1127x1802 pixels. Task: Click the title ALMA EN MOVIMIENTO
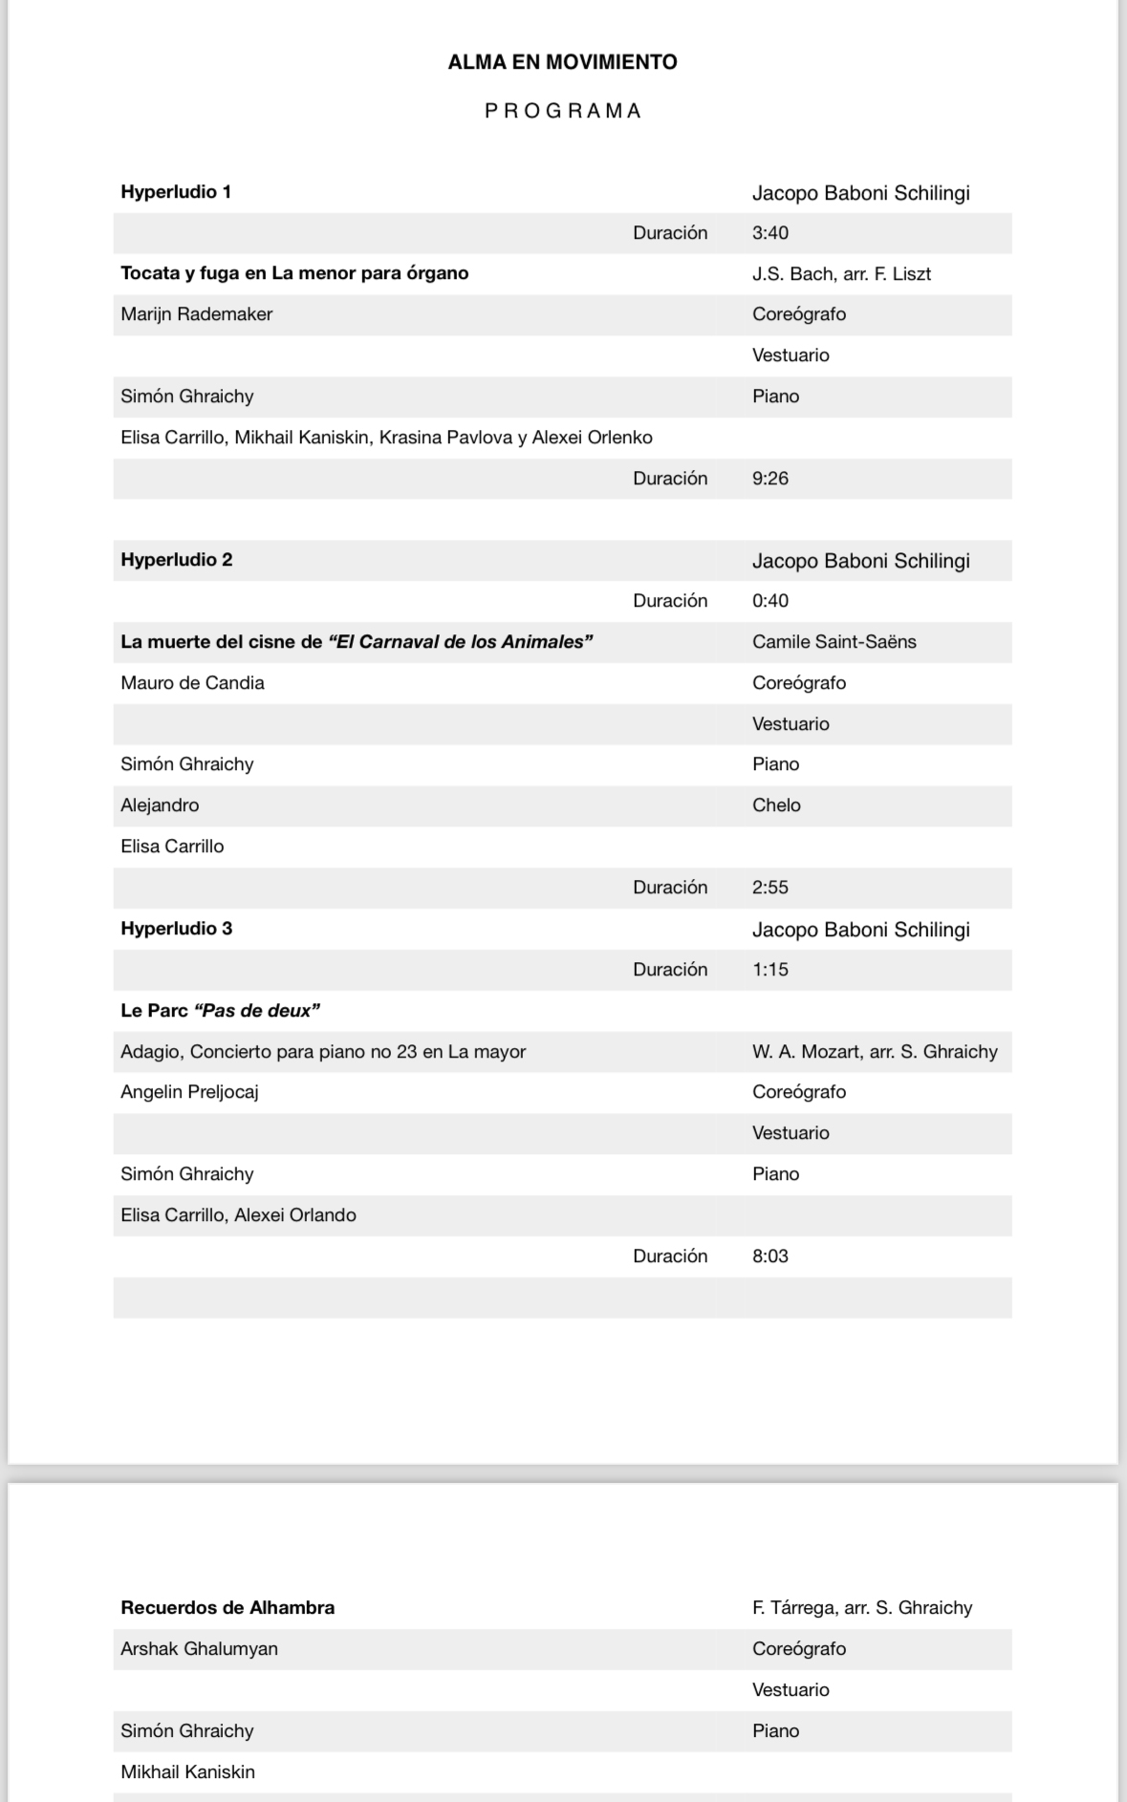tap(562, 62)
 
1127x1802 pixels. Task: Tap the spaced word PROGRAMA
tap(562, 111)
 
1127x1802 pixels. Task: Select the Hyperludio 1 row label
tap(176, 192)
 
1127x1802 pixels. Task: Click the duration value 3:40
tap(769, 233)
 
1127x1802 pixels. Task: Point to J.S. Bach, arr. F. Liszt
tap(841, 274)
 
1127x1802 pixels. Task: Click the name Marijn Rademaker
tap(196, 314)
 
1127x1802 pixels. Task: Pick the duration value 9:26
tap(769, 479)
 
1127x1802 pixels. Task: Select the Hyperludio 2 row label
tap(176, 560)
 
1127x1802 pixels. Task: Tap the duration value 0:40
tap(769, 601)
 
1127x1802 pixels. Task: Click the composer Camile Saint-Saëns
tap(834, 642)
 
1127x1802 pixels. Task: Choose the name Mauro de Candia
tap(192, 683)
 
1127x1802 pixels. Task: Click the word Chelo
tap(776, 805)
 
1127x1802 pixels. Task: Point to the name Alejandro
tap(160, 805)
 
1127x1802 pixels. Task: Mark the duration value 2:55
tap(769, 888)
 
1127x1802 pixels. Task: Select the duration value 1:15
tap(769, 970)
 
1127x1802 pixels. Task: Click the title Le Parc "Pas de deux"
tap(220, 1011)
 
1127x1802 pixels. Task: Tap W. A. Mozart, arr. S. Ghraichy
tap(875, 1052)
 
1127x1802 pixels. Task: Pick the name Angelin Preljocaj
tap(189, 1092)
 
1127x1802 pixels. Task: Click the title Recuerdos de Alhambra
tap(228, 1608)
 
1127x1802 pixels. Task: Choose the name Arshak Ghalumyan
tap(199, 1649)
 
